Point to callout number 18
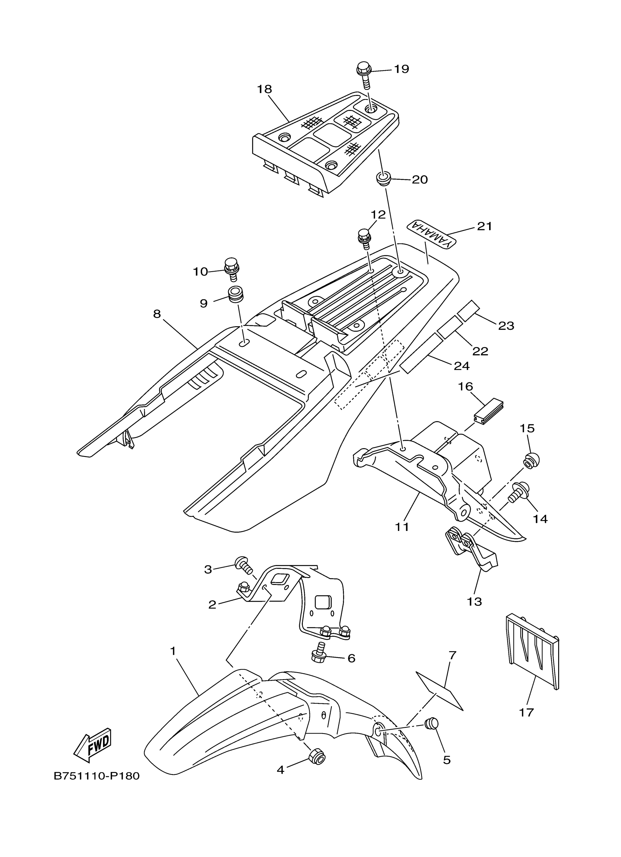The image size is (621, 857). tap(264, 89)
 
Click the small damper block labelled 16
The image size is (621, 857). tap(489, 409)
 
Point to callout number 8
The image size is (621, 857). tap(157, 314)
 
